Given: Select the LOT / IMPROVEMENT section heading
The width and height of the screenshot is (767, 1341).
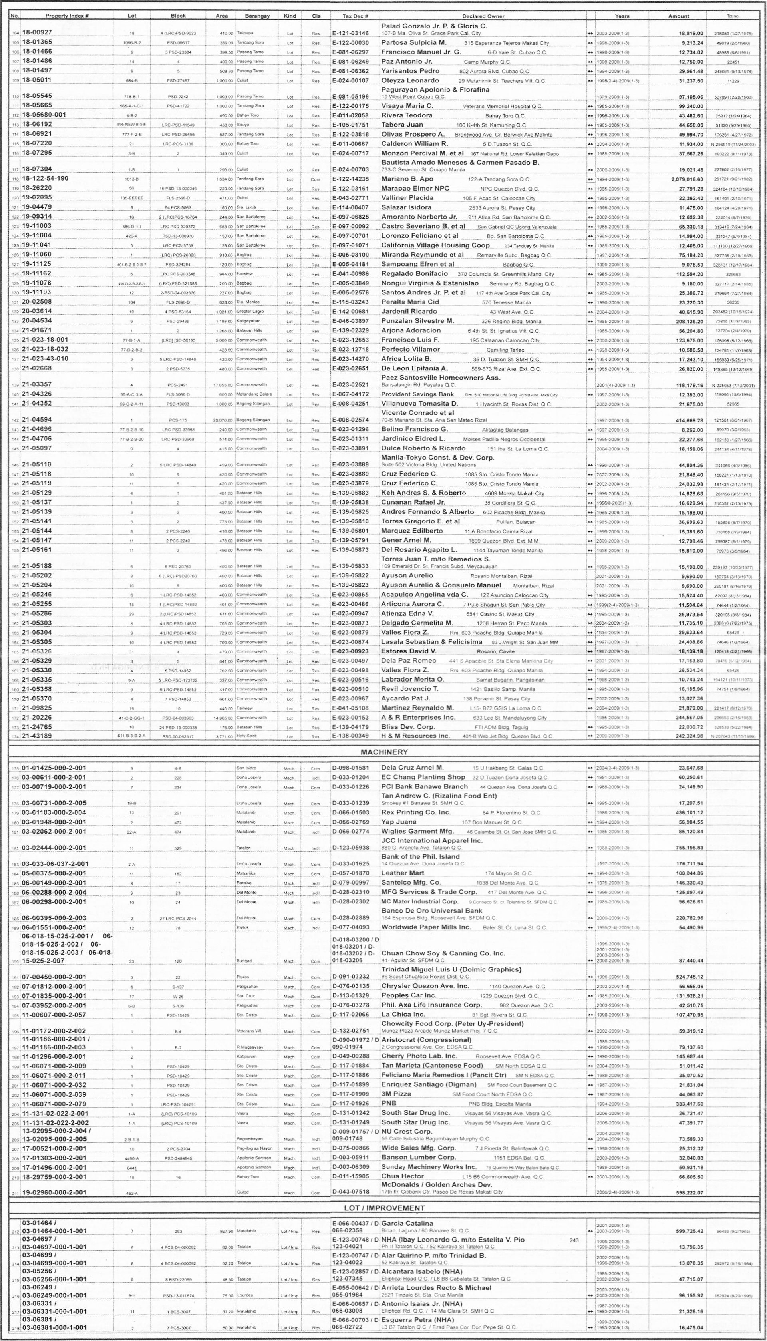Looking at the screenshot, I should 383,1208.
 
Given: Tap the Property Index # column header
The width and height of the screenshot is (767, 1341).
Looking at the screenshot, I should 66,16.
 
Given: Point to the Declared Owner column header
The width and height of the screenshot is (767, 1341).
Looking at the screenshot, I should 483,16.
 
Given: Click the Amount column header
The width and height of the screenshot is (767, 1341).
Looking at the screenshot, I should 678,16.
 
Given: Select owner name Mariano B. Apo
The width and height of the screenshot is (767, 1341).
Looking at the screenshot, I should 407,179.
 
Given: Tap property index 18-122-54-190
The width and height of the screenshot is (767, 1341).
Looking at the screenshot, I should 45,179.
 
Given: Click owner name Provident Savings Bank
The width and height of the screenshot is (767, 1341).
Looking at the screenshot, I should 417,394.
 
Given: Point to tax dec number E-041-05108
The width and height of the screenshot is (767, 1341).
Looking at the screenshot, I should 350,708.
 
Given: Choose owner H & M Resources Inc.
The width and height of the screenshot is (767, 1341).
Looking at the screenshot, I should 415,736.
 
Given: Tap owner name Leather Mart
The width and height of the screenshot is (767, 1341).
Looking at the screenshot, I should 402,873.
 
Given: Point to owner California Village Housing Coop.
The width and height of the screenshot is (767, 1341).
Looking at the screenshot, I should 436,245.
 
